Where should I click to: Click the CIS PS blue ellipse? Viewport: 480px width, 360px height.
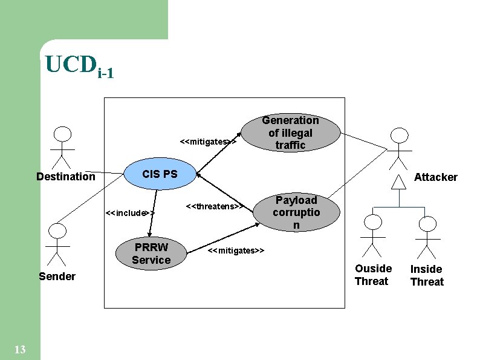[160, 174]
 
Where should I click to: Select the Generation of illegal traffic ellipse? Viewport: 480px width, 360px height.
[290, 133]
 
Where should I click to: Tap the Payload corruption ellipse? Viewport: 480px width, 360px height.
[296, 212]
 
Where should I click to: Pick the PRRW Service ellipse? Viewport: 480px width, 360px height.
[151, 254]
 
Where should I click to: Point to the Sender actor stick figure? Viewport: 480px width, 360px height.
[57, 244]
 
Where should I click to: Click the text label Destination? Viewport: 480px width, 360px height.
[65, 177]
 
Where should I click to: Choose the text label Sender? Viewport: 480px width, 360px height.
[57, 277]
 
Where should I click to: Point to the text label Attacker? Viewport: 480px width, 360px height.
[435, 177]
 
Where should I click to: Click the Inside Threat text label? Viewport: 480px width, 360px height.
[427, 275]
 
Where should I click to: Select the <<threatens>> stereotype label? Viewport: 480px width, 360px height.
[215, 206]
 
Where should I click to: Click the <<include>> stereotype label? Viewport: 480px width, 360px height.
[130, 213]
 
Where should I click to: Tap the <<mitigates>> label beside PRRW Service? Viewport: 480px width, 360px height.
[236, 250]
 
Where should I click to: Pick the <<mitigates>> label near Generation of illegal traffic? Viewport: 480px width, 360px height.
[208, 142]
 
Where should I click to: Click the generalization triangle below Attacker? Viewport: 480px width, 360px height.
[398, 182]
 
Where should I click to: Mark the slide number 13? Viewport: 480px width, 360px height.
[19, 349]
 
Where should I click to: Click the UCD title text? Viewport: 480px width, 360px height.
[79, 67]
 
